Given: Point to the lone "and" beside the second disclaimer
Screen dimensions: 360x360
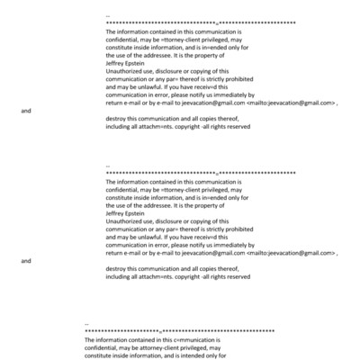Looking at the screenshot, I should coord(25,261).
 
